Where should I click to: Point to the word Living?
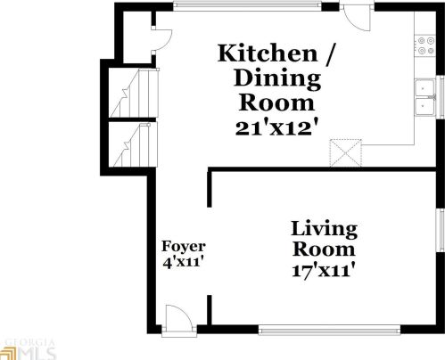pyautogui.click(x=325, y=229)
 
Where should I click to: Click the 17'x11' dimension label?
pyautogui.click(x=325, y=270)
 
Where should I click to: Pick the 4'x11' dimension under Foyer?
pyautogui.click(x=184, y=264)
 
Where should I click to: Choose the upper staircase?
pyautogui.click(x=128, y=94)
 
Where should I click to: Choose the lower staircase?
pyautogui.click(x=128, y=144)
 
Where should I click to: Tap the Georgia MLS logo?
pyautogui.click(x=29, y=348)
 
